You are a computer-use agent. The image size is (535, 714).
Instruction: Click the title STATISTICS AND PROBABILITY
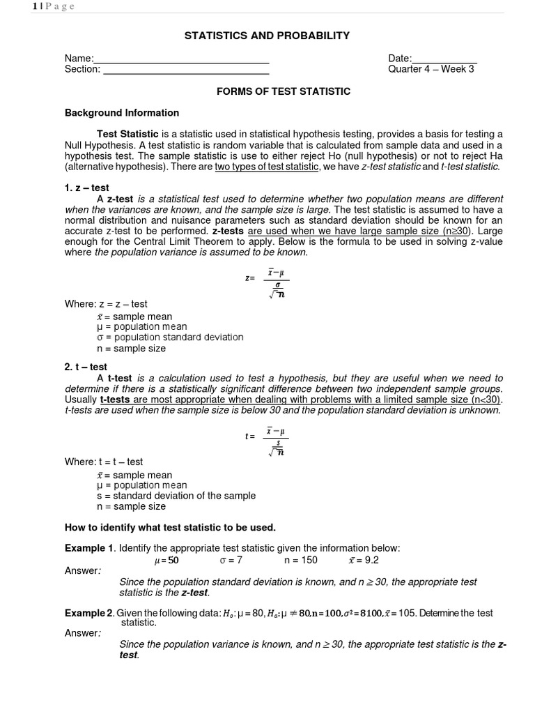[267, 36]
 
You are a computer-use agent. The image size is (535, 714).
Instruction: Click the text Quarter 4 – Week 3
[431, 69]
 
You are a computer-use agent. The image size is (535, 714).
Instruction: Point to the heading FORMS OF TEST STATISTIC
[283, 91]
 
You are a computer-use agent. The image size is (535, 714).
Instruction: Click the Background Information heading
[122, 112]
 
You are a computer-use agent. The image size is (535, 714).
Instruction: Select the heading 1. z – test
[87, 188]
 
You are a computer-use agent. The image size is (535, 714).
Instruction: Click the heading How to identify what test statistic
[171, 526]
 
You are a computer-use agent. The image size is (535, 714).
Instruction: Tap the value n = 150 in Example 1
[300, 560]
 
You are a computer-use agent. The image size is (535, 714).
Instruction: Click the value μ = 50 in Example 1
[166, 560]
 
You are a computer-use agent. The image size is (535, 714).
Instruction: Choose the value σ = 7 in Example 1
[231, 560]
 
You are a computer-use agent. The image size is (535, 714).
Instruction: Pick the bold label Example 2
[89, 613]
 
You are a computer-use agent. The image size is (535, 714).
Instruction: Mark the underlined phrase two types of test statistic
[267, 167]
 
